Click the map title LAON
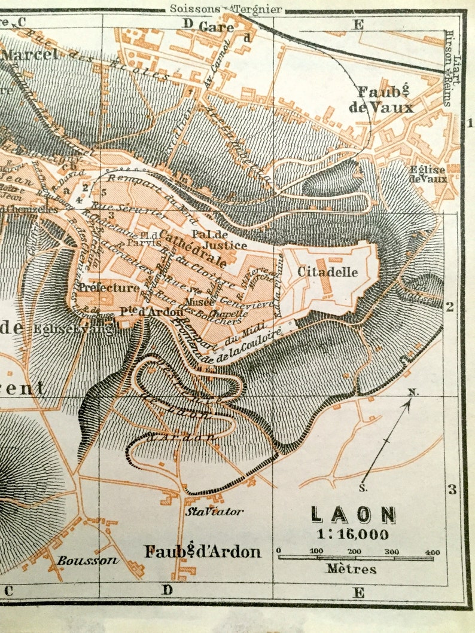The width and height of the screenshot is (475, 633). click(x=353, y=515)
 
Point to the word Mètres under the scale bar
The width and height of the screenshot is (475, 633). click(x=351, y=568)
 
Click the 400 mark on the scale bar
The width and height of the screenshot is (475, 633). click(x=433, y=551)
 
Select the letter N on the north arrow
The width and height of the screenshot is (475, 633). click(x=412, y=392)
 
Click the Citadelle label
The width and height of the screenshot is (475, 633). click(x=328, y=272)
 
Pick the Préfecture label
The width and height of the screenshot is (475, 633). click(x=109, y=288)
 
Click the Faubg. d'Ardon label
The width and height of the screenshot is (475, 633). click(x=203, y=551)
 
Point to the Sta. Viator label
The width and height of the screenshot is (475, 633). click(x=214, y=512)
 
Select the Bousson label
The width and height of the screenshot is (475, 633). click(x=80, y=561)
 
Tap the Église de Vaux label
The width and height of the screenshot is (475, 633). click(x=427, y=174)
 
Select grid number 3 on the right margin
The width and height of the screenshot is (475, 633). click(x=452, y=490)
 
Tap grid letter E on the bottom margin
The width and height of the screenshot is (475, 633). click(x=358, y=592)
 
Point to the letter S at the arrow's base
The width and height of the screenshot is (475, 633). click(x=363, y=488)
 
